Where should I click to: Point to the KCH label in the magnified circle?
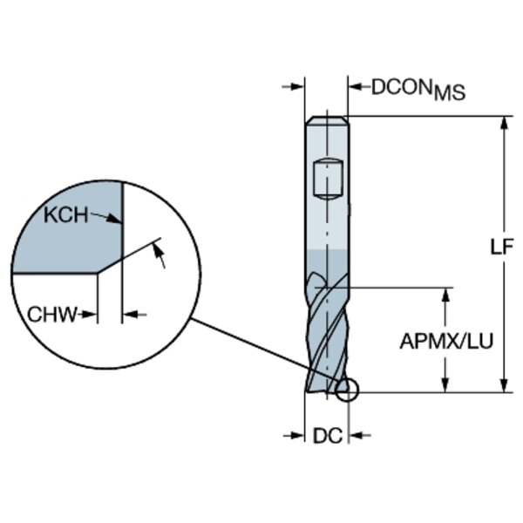point(68,215)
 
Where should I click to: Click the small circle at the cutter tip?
point(346,391)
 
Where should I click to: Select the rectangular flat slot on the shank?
point(326,179)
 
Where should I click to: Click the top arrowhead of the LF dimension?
point(503,123)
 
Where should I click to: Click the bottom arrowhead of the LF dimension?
point(503,385)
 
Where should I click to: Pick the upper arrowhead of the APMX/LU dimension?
point(446,294)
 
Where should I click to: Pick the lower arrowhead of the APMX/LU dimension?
point(446,385)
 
